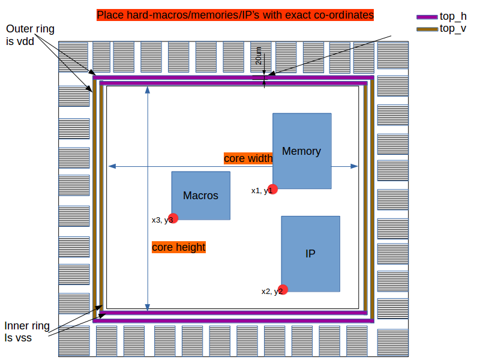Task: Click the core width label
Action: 248,158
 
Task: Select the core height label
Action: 178,247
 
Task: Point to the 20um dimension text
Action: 258,57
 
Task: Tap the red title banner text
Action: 235,14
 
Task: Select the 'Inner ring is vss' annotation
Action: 26,332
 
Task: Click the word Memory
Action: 302,151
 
